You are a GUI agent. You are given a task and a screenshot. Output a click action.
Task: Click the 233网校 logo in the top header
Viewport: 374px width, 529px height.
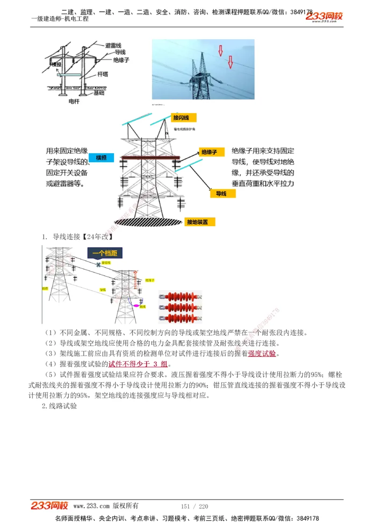[x=324, y=17]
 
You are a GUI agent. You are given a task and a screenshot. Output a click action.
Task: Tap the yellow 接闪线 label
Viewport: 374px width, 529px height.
[x=183, y=117]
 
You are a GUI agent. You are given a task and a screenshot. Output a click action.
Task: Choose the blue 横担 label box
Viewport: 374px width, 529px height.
[x=101, y=158]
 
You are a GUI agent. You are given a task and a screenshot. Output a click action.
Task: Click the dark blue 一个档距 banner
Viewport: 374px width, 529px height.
[x=105, y=254]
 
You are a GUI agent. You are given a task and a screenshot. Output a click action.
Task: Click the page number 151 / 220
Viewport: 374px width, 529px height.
[x=194, y=506]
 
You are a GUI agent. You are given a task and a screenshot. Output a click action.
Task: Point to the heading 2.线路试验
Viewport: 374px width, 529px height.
[x=59, y=406]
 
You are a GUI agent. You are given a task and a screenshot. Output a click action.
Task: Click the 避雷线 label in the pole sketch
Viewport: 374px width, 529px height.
[x=113, y=45]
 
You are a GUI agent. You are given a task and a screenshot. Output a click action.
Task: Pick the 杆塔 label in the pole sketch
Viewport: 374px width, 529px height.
[x=103, y=74]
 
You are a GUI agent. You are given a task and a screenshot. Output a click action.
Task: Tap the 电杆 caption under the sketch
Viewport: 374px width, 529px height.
[x=74, y=101]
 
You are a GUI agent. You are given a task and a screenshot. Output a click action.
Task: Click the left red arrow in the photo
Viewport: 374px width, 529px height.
[x=221, y=50]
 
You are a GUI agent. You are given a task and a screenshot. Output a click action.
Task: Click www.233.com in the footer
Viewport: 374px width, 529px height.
[x=91, y=506]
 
